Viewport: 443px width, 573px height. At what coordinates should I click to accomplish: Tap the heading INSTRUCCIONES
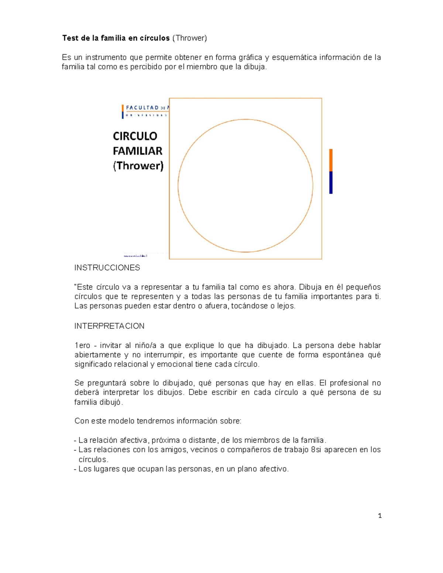pyautogui.click(x=107, y=268)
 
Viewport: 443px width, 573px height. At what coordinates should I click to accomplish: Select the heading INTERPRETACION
pyautogui.click(x=109, y=326)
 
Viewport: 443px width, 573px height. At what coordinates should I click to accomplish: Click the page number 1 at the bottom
pyautogui.click(x=380, y=516)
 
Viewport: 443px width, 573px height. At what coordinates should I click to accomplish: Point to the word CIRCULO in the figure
pyautogui.click(x=135, y=136)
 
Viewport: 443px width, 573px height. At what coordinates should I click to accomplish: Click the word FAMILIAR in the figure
pyautogui.click(x=138, y=151)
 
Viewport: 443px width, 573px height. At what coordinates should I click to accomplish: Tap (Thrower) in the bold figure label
pyautogui.click(x=138, y=166)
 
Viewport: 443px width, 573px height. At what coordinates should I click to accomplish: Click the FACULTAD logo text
pyautogui.click(x=142, y=108)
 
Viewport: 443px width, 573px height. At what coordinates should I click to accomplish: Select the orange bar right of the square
pyautogui.click(x=331, y=160)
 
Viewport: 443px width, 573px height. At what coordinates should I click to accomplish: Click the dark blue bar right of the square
pyautogui.click(x=331, y=183)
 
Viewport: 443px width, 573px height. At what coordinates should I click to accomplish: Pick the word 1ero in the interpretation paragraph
pyautogui.click(x=82, y=346)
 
